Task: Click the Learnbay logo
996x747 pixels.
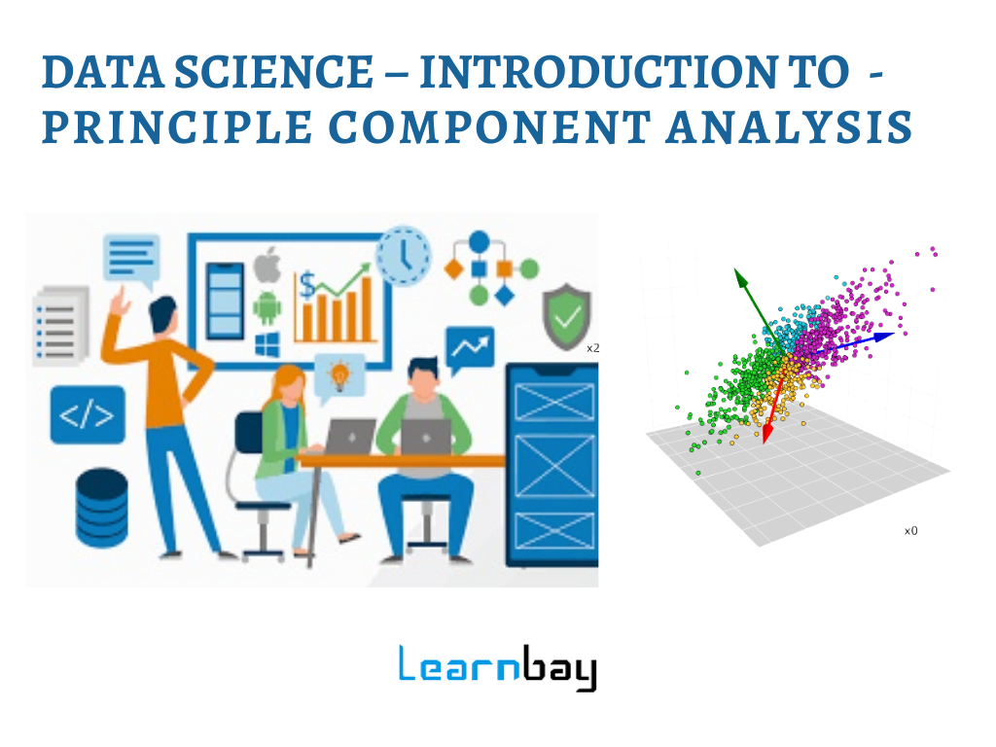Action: [x=497, y=667]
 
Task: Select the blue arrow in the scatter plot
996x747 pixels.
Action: [x=861, y=340]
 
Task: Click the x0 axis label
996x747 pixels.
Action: [x=910, y=531]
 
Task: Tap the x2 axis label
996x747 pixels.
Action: [x=592, y=347]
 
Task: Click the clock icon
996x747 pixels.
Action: [x=404, y=256]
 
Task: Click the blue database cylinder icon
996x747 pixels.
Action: [x=101, y=507]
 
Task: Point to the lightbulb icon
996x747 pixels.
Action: [x=340, y=373]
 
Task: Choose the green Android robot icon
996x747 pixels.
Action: [x=267, y=306]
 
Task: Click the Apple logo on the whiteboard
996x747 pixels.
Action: [x=267, y=265]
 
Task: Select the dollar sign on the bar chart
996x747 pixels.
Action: [x=307, y=285]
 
